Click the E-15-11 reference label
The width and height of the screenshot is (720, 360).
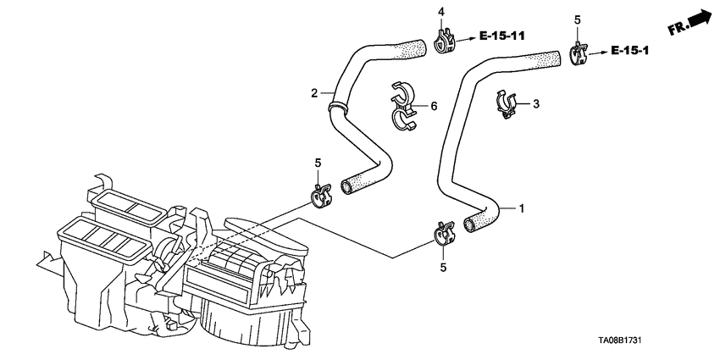(502, 36)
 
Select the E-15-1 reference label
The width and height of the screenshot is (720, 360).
(629, 51)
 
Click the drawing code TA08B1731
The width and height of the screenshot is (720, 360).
(619, 341)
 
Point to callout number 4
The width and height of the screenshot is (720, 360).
(441, 12)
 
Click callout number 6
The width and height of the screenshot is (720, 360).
(434, 107)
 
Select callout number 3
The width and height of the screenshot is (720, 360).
(536, 104)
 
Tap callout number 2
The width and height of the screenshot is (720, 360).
(314, 94)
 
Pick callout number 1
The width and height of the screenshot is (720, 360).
(521, 208)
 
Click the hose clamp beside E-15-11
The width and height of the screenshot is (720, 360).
(445, 42)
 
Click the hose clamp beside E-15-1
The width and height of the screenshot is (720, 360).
(579, 53)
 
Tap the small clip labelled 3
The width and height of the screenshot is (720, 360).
(506, 104)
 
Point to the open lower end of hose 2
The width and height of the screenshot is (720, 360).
(346, 186)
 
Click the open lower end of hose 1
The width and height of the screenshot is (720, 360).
(470, 225)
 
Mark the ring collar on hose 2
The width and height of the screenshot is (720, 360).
(337, 107)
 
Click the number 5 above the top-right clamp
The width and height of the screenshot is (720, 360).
(578, 19)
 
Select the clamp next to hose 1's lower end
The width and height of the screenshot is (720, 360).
(444, 233)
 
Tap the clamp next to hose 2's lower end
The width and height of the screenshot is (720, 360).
(320, 195)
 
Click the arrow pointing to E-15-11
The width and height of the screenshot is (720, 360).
(466, 40)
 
